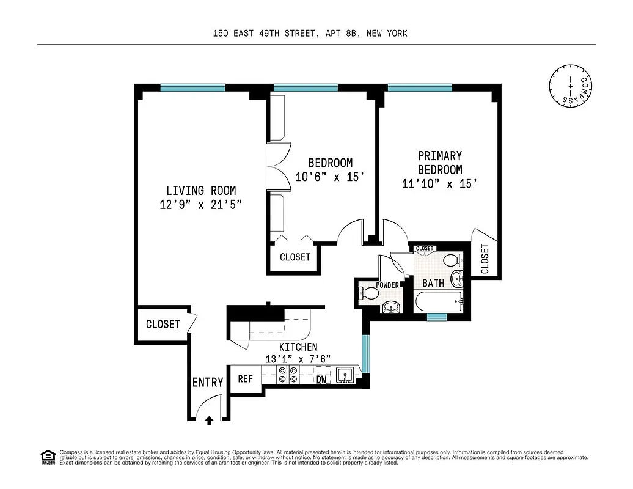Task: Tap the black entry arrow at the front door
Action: [x=209, y=420]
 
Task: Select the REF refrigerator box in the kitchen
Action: [x=245, y=379]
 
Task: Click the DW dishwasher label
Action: [x=321, y=380]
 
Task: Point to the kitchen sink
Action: [x=344, y=375]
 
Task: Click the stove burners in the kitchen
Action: [x=288, y=375]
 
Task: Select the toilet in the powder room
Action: [x=368, y=293]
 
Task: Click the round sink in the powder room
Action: [x=390, y=306]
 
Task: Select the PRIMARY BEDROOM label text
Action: [x=439, y=163]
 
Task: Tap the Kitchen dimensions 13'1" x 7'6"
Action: [x=290, y=359]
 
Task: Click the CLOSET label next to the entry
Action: [x=163, y=324]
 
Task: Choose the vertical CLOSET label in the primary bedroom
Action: [x=485, y=259]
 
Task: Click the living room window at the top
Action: [x=191, y=87]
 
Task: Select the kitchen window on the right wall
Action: [x=365, y=353]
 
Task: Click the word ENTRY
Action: [x=208, y=383]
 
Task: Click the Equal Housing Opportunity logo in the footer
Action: [x=47, y=456]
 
